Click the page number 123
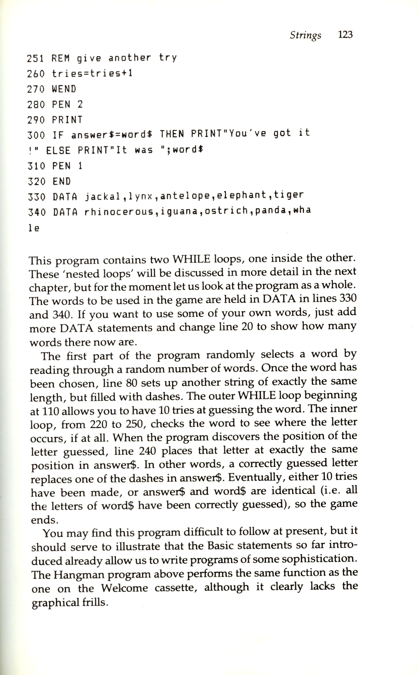pos(345,34)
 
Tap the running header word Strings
pos(305,35)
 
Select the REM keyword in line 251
pos(61,58)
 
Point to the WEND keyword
pos(64,89)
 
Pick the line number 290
pos(36,120)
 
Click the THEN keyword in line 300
pos(172,134)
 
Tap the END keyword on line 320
pos(62,181)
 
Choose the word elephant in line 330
pos(241,195)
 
